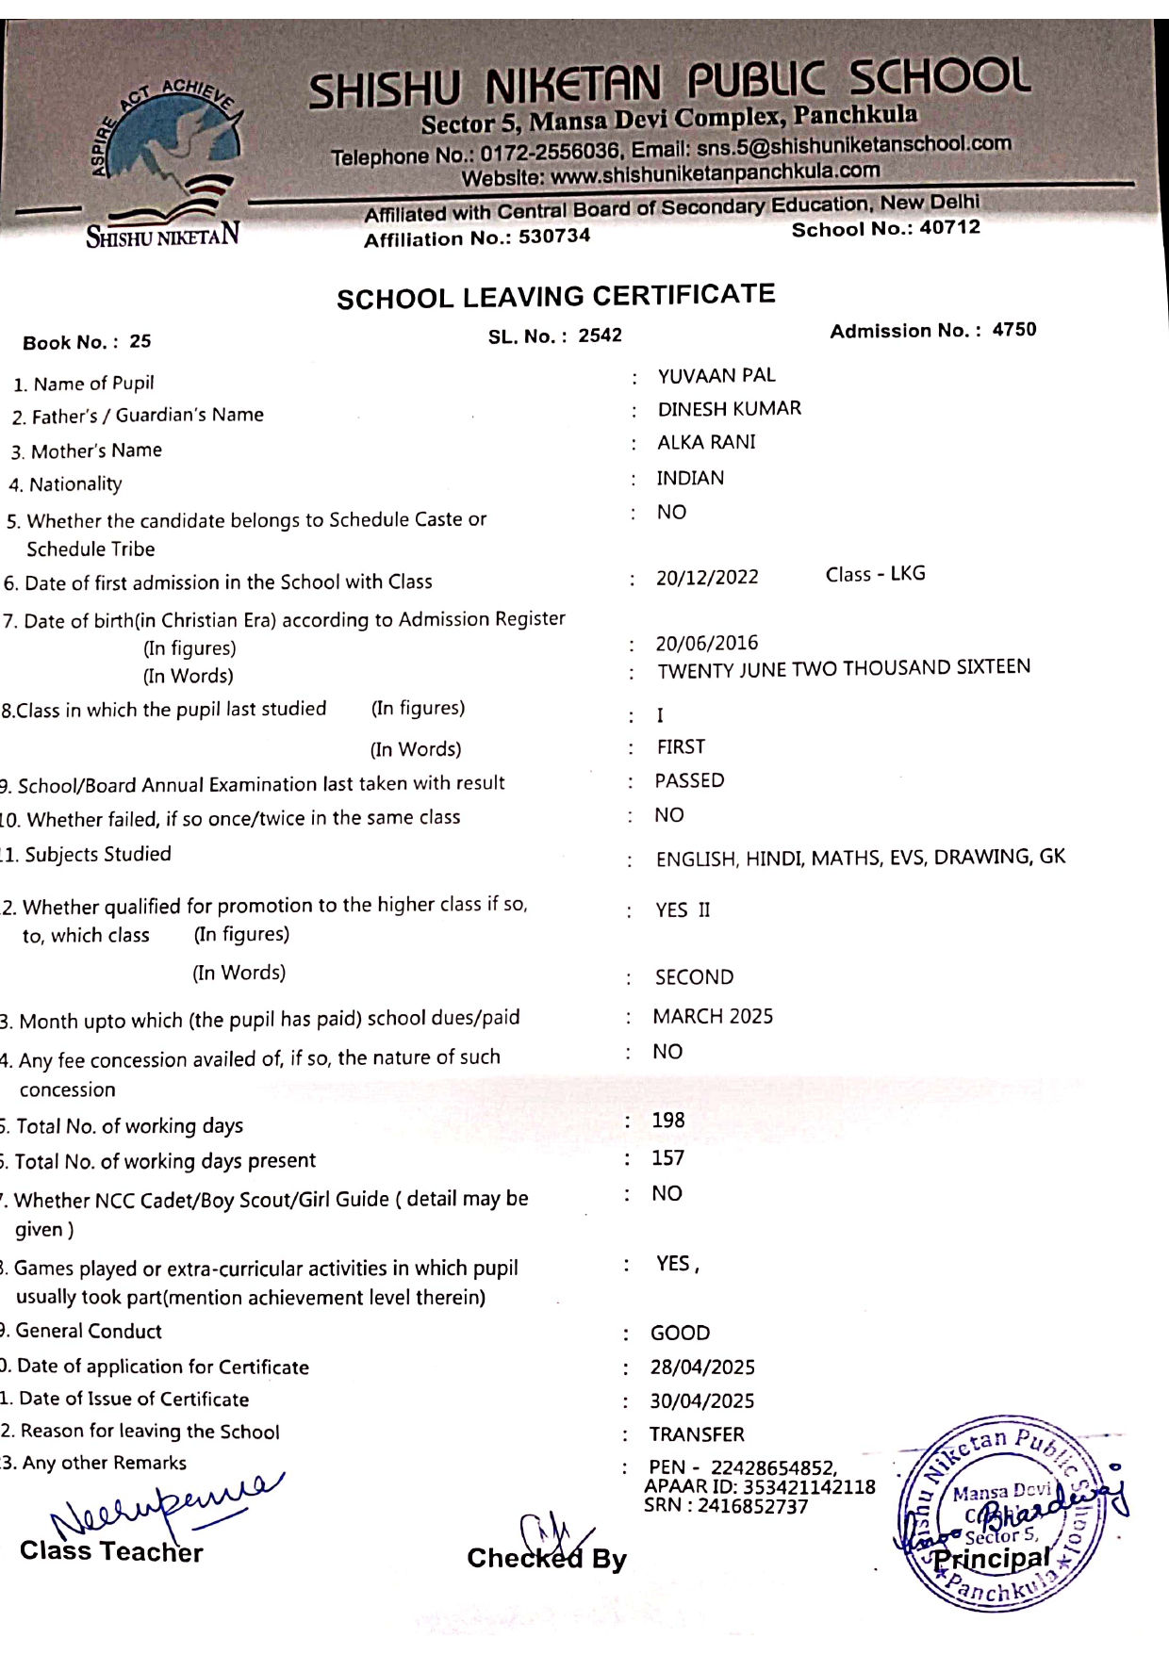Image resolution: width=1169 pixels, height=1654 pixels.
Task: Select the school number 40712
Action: click(x=949, y=228)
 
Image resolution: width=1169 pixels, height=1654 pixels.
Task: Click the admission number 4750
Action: click(x=1013, y=330)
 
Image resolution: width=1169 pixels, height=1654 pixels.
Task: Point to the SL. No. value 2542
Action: click(x=600, y=336)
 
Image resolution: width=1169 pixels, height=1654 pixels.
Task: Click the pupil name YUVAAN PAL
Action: click(x=716, y=375)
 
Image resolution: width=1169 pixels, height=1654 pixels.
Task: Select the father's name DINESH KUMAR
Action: click(x=729, y=408)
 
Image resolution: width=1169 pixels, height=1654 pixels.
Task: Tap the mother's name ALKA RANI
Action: click(x=706, y=442)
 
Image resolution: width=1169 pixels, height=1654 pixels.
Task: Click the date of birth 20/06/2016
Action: click(x=707, y=643)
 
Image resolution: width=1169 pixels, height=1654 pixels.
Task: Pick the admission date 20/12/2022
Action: click(x=707, y=577)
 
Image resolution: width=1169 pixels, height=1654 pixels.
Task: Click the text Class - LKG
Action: click(x=875, y=574)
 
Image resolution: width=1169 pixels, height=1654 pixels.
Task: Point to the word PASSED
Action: click(x=689, y=780)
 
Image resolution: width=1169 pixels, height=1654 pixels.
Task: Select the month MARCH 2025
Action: click(x=713, y=1016)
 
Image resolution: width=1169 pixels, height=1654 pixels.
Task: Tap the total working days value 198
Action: click(x=668, y=1120)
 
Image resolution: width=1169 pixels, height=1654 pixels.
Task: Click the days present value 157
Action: click(x=667, y=1157)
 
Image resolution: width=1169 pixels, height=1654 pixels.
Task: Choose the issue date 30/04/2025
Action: click(x=702, y=1400)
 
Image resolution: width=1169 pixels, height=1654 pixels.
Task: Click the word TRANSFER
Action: click(x=697, y=1434)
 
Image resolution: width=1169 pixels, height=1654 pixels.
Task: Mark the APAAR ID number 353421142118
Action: click(x=809, y=1487)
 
